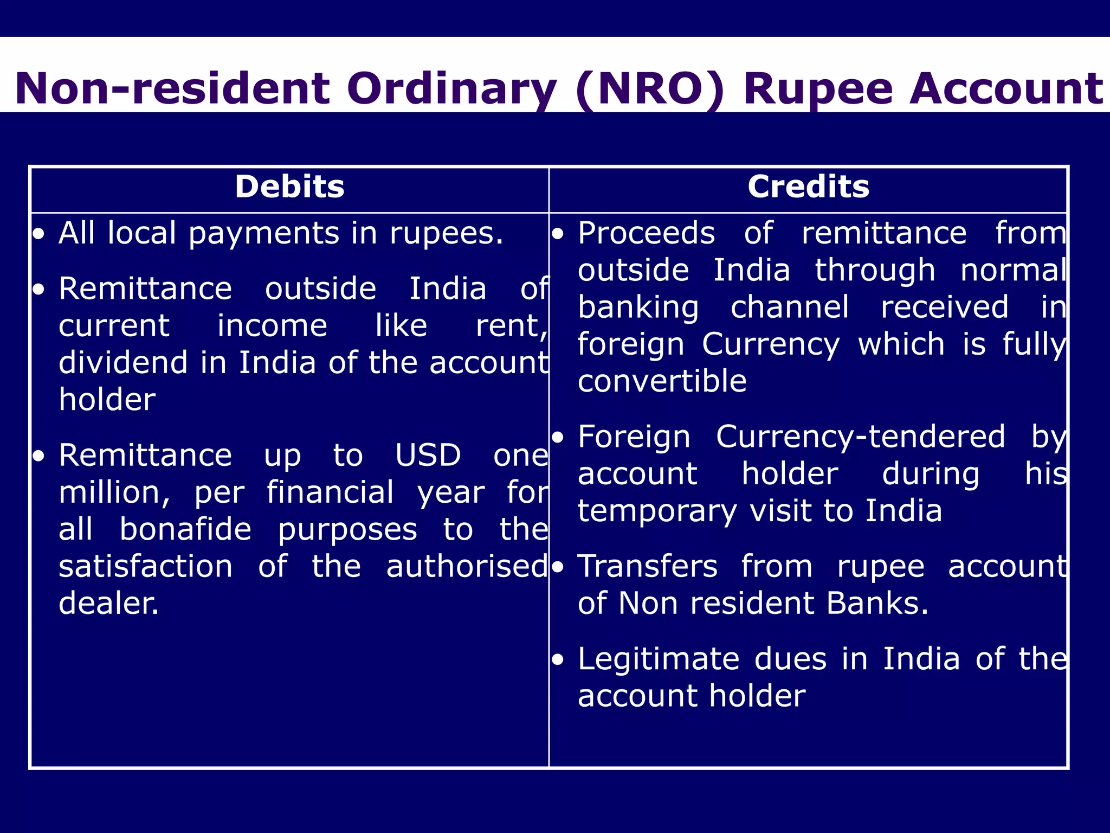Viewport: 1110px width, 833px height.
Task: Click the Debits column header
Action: pos(289,187)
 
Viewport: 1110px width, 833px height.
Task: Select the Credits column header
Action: pos(808,187)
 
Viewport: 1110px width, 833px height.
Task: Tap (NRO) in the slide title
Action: pos(649,89)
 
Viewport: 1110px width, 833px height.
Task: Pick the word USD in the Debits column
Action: pos(428,455)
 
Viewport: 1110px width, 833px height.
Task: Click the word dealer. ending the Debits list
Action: pos(109,603)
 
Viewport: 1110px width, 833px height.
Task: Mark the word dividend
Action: pos(124,362)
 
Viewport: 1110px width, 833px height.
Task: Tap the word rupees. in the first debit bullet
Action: pos(447,234)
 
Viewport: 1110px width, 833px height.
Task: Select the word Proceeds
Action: pos(646,234)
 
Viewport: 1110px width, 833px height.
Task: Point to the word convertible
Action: pos(662,381)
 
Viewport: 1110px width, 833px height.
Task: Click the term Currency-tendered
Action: pos(860,437)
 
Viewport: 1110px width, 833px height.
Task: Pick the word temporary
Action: pos(657,511)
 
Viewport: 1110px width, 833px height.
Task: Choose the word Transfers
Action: pos(648,567)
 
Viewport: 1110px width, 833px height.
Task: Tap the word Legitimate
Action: pos(659,659)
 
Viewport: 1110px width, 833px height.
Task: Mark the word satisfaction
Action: pos(145,567)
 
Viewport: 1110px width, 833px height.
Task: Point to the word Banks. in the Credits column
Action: pos(877,604)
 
